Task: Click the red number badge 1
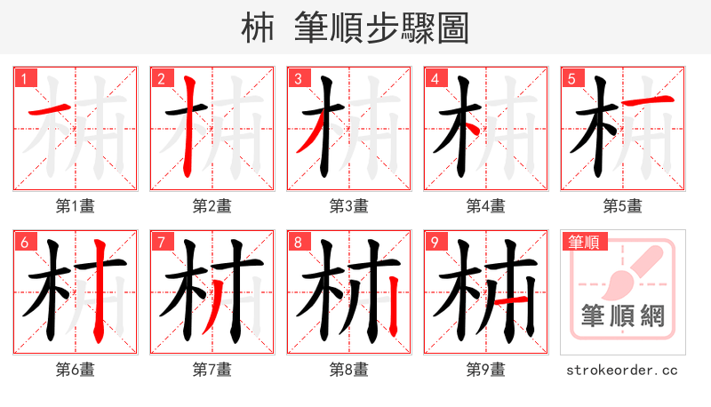(24, 78)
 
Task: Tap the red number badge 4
(435, 78)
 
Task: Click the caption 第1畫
(76, 205)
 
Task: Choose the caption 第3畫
(349, 205)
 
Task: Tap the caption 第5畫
(623, 205)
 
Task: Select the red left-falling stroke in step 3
(311, 138)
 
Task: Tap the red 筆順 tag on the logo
(583, 242)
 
